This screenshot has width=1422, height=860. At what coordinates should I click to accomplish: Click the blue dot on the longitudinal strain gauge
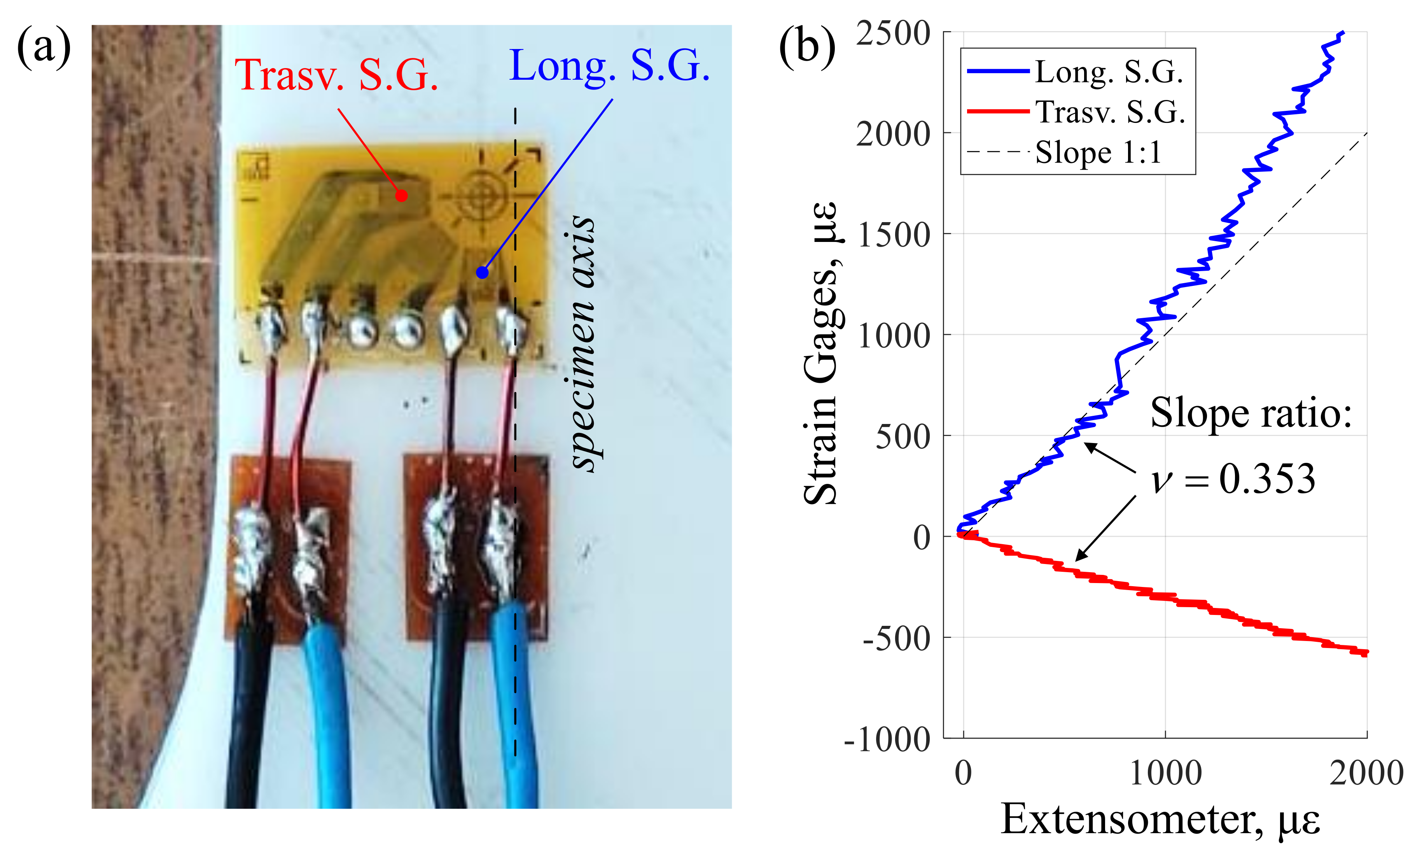click(x=482, y=272)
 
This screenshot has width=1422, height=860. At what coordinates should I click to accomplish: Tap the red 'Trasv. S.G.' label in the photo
click(x=336, y=75)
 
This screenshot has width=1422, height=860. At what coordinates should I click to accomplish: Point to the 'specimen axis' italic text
click(x=582, y=343)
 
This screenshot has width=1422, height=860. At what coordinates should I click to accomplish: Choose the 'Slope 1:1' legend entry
click(x=1097, y=153)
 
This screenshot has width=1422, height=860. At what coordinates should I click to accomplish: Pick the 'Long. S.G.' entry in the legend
click(x=1109, y=72)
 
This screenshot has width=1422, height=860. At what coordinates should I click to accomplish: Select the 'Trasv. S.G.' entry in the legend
click(x=1110, y=112)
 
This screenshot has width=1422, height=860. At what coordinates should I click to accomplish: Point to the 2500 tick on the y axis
click(x=893, y=33)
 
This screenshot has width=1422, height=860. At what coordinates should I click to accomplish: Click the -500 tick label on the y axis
click(x=896, y=638)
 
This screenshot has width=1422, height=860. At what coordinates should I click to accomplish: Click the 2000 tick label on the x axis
click(x=1366, y=773)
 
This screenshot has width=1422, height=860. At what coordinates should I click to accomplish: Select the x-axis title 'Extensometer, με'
click(x=1160, y=820)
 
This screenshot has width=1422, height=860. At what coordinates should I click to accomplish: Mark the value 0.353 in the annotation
click(x=1267, y=479)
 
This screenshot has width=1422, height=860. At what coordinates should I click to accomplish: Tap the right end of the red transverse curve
click(x=1366, y=653)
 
